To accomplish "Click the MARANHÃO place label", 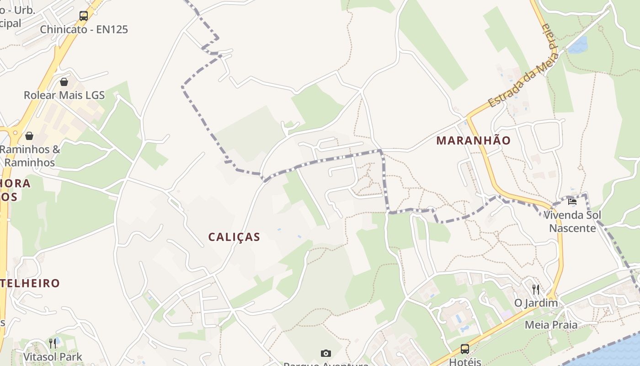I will coord(473,140).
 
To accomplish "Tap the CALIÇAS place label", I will coord(234,237).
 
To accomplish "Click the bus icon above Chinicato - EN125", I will coord(84,16).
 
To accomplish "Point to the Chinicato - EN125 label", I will coord(84,30).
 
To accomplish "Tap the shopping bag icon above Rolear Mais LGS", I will coord(64,82).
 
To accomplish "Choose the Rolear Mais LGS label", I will coord(64,96).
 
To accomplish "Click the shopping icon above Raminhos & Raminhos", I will coord(29,136).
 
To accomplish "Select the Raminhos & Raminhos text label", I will coord(30,156).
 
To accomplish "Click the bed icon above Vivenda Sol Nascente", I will coord(572,201).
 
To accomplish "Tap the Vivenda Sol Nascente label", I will coord(572,221).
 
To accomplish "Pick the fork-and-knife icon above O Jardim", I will coord(536,289).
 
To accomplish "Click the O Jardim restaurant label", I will coord(536,303).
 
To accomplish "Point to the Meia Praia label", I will coord(550,325).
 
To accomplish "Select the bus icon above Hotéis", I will coord(465,349).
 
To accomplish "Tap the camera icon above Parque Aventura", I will coord(325,353).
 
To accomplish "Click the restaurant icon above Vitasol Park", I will coord(53,343).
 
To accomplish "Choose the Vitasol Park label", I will coord(53,357).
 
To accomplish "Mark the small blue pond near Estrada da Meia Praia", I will coord(578,45).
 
